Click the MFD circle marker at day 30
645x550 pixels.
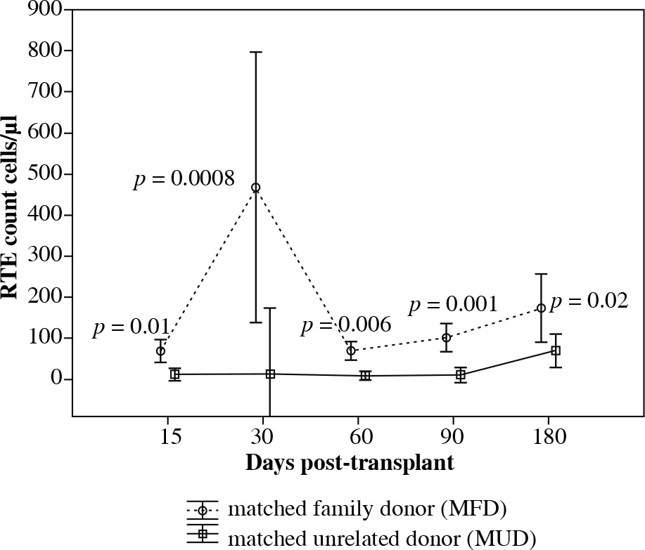tap(256, 188)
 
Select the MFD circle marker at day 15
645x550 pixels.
tap(160, 351)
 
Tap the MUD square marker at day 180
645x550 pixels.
tap(556, 351)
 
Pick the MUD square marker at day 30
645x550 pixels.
tap(270, 374)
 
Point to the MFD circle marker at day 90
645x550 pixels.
tap(446, 337)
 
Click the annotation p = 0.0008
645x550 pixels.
tap(184, 180)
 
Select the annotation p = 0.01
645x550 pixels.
tap(130, 327)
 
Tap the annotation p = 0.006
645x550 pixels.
tap(345, 325)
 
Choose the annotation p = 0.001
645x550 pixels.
tap(453, 305)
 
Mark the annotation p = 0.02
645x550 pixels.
tap(589, 302)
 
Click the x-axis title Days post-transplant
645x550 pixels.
tap(349, 464)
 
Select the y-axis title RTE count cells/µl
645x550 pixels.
tap(13, 211)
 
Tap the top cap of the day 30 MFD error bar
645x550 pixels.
tap(256, 52)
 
